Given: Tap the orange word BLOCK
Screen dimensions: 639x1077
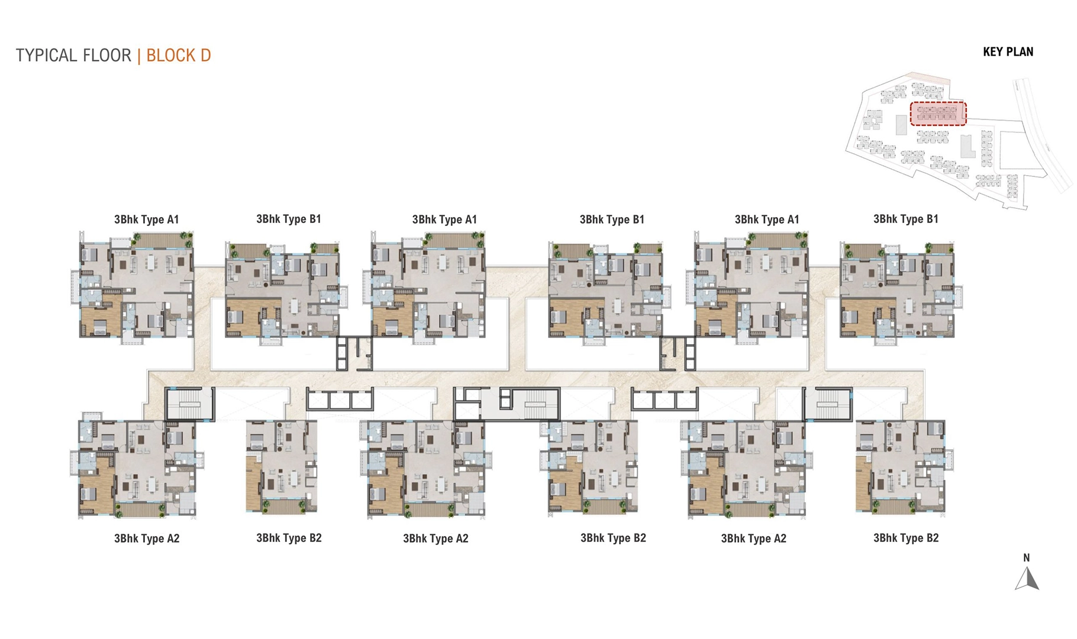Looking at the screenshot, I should [170, 56].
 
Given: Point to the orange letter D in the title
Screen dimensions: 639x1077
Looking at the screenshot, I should [205, 56].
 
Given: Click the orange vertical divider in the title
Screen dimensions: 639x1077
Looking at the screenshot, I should [139, 56].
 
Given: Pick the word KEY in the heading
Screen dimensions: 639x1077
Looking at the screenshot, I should [992, 52].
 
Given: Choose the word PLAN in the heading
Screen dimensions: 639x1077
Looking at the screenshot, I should [1020, 52].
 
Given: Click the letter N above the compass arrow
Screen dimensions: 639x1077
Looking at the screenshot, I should [1027, 558].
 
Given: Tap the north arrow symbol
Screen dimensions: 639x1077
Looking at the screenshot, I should [1027, 579].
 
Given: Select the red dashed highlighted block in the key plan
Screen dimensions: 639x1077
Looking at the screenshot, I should [938, 114].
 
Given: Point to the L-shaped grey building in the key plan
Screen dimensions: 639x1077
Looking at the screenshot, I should [968, 147].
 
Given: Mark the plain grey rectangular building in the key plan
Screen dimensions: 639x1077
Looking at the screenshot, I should [901, 124].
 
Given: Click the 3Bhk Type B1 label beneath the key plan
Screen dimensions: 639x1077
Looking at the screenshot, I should [906, 219].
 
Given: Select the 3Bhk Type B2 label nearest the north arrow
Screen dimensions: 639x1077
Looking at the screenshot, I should [906, 538].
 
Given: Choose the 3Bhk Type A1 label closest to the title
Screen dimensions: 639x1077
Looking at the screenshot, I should [147, 220].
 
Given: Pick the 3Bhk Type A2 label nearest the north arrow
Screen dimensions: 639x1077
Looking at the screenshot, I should [753, 538].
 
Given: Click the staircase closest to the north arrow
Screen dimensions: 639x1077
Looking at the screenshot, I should [828, 405].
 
